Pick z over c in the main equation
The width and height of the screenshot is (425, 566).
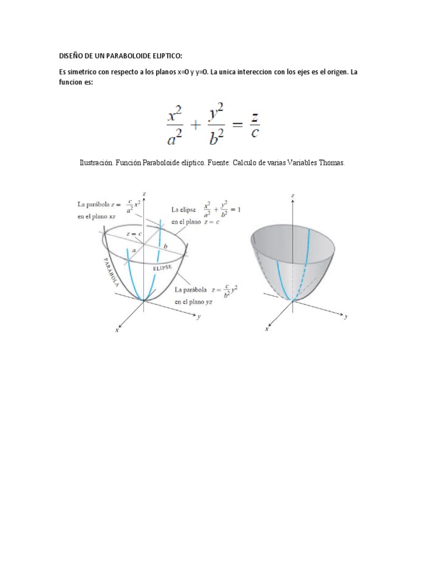[x=254, y=126]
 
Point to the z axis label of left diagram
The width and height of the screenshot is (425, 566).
[x=144, y=193]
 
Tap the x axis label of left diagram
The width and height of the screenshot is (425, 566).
[x=117, y=331]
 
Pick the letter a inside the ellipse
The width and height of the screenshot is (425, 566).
[x=134, y=249]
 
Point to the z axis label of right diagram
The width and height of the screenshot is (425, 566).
[x=293, y=196]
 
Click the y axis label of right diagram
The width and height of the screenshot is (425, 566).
[x=346, y=318]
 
